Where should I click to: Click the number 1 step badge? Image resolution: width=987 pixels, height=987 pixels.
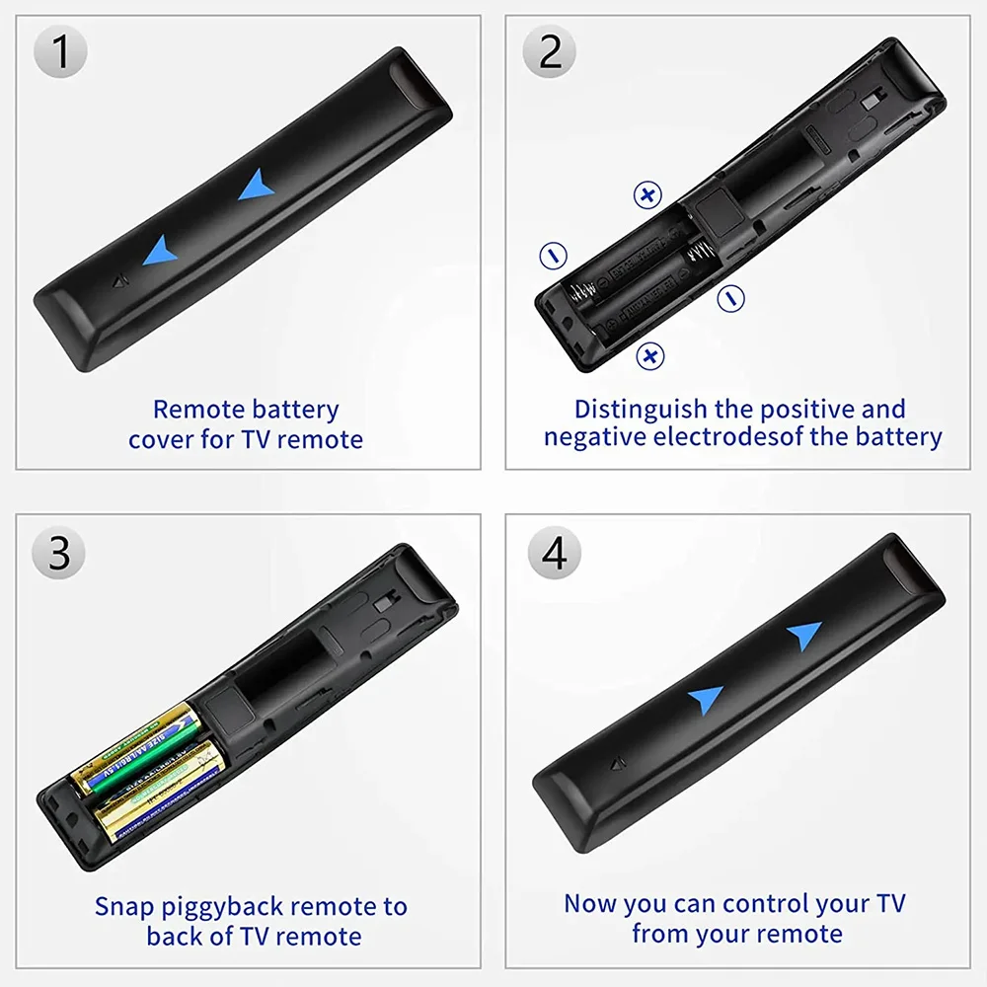[60, 52]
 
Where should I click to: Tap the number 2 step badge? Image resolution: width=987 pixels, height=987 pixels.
[551, 52]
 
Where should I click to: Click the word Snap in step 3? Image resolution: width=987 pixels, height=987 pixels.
[122, 906]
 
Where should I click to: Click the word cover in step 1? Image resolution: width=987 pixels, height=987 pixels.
[162, 439]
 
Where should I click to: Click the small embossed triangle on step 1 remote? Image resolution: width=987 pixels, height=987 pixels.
[120, 282]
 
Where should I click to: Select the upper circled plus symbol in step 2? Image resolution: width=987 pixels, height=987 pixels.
[646, 194]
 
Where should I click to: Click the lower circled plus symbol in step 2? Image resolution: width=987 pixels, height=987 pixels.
[649, 355]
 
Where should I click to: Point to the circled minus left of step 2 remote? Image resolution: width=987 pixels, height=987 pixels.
[554, 256]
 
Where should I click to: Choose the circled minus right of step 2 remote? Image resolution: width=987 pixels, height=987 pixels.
[730, 297]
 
